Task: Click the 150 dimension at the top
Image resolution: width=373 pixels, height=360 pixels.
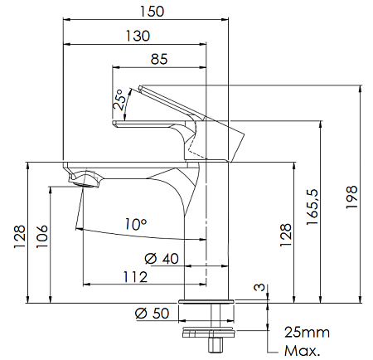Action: coord(152,12)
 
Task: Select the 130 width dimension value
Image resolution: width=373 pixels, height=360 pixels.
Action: coord(138,36)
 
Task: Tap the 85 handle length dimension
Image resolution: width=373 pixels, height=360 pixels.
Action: coord(159,59)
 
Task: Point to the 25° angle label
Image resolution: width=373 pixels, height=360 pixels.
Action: coord(119,100)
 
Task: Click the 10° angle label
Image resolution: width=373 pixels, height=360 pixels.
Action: coord(135,224)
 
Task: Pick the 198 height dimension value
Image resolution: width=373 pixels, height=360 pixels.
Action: coord(352,197)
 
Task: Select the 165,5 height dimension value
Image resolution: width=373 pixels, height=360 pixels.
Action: coord(313,207)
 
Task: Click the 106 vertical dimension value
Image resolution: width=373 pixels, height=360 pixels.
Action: coord(42,236)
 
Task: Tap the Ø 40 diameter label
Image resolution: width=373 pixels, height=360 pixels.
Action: coord(162,259)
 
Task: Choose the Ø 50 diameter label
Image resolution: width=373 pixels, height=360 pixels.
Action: coord(152,314)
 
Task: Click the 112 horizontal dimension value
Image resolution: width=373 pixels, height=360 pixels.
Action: coord(135,277)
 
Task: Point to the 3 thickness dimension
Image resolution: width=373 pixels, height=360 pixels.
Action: coord(259,287)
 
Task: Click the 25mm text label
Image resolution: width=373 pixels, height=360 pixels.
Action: coord(307,332)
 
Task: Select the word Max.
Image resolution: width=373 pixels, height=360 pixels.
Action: coord(302,351)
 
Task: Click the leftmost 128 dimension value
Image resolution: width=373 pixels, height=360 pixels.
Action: coord(20,237)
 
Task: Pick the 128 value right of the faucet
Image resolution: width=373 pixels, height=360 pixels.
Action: coord(285,235)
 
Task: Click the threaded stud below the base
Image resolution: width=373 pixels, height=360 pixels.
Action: coord(216,328)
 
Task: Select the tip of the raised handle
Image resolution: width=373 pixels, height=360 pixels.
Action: coord(140,88)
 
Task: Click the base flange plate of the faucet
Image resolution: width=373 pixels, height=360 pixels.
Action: coord(206,301)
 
